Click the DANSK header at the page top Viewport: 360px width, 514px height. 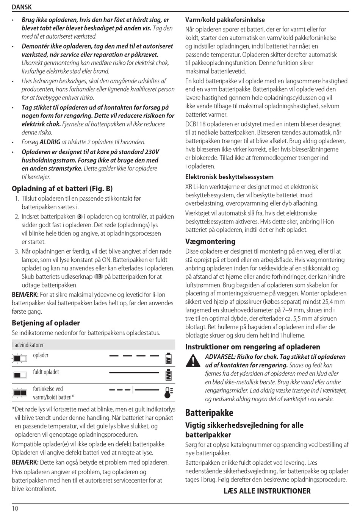click(x=22, y=7)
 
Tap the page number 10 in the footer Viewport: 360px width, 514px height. click(x=15, y=508)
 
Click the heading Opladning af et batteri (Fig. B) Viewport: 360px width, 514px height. click(x=62, y=188)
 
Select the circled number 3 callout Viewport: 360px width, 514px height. click(x=80, y=217)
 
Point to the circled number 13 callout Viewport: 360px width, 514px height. click(x=98, y=277)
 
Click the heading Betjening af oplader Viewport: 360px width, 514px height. click(x=46, y=323)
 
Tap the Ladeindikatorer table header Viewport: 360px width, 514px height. click(x=28, y=345)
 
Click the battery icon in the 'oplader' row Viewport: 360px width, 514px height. click(x=169, y=358)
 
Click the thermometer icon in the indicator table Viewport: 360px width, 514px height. click(x=169, y=393)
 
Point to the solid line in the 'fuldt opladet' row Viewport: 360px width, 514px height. click(x=134, y=373)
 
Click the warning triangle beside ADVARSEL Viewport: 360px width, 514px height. click(x=193, y=360)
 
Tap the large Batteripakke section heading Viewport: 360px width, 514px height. click(x=209, y=412)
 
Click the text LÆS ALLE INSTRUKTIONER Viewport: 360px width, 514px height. click(x=267, y=491)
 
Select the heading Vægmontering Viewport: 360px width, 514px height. click(x=210, y=241)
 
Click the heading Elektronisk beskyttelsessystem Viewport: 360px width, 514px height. click(x=229, y=177)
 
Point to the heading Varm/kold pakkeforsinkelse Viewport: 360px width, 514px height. click(x=225, y=20)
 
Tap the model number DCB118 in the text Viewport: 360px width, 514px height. click(x=196, y=124)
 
